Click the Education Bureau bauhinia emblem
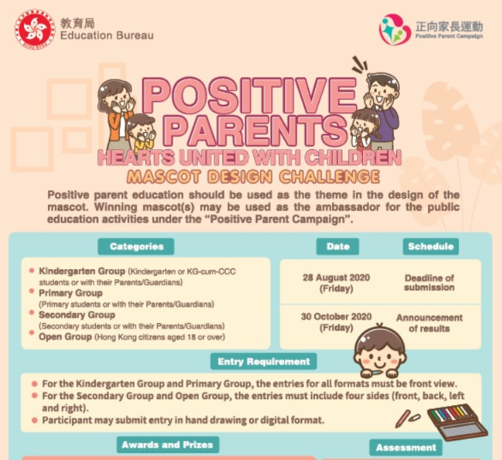point(35,29)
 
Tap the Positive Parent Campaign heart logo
point(394,29)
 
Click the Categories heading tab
point(136,247)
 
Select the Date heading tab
point(337,247)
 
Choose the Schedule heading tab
point(431,247)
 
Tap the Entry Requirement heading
point(263,362)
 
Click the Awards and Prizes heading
point(168,445)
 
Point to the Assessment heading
point(406,447)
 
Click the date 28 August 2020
point(336,278)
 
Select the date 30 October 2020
point(336,317)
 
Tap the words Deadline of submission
point(429,282)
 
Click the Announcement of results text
point(429,323)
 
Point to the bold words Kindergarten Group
point(82,271)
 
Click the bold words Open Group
point(66,337)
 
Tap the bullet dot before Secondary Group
point(32,312)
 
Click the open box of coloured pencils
point(457,421)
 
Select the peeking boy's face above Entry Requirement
point(380,351)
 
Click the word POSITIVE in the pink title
point(249,95)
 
